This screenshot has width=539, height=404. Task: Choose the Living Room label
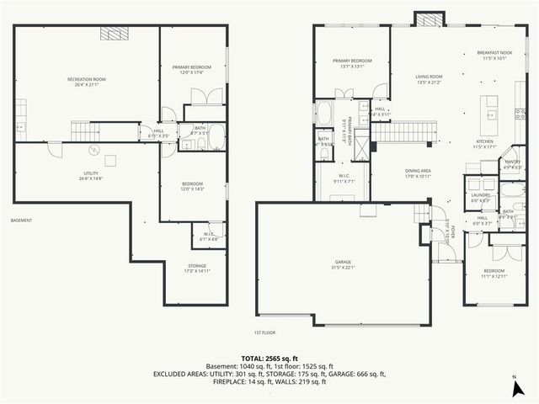[x=429, y=79]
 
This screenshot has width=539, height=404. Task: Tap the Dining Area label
[x=418, y=173]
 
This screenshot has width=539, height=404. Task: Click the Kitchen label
[x=485, y=143]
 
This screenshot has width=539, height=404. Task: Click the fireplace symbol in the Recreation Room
[x=111, y=34]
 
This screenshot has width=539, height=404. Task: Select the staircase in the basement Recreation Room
[x=85, y=131]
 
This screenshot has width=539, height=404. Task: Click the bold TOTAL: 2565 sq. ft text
[x=269, y=359]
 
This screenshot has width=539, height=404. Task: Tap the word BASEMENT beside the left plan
[x=21, y=221]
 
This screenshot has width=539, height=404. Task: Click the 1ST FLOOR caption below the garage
[x=265, y=332]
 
